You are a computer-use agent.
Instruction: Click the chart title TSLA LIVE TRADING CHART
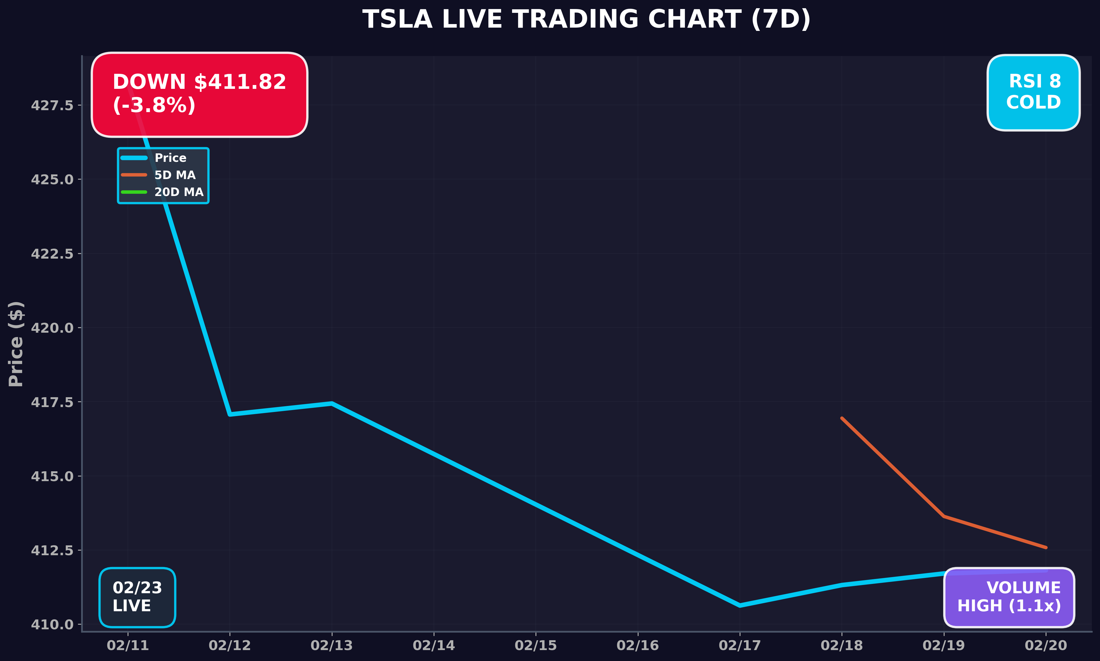tap(586, 20)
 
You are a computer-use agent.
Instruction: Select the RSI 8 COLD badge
tap(1033, 92)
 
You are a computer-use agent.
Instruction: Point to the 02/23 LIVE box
tap(137, 597)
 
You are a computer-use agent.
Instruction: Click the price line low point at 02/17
tap(740, 605)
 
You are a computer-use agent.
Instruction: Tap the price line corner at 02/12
tap(230, 414)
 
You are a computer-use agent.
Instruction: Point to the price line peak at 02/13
tap(332, 403)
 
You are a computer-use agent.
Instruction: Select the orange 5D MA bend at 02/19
tap(944, 516)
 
